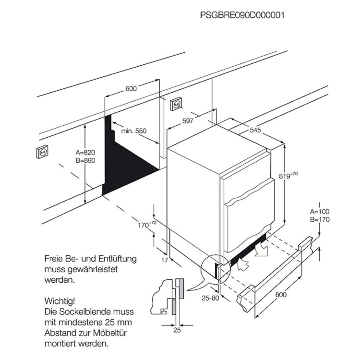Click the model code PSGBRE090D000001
(x=242, y=15)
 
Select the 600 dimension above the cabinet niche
(x=131, y=88)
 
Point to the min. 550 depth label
(x=133, y=131)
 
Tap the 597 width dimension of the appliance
(x=188, y=121)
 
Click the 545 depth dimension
(x=255, y=130)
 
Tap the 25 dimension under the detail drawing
(x=177, y=331)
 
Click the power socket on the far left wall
(x=42, y=152)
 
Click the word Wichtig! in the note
(x=60, y=301)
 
